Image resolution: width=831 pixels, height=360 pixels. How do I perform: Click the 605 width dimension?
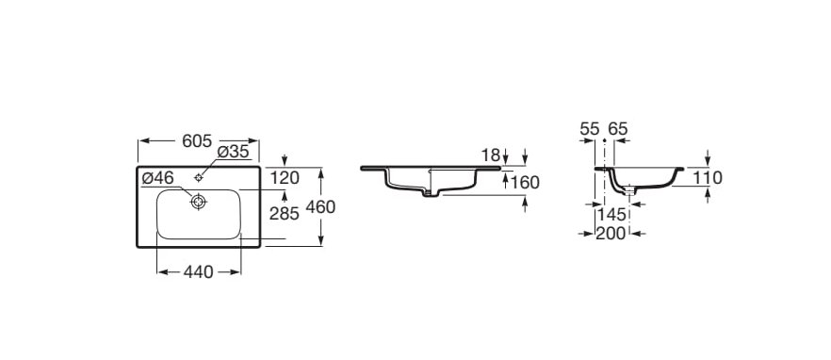click(197, 141)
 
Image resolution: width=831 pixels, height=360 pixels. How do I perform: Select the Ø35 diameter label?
click(234, 152)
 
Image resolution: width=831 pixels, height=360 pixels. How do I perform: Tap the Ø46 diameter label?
click(157, 178)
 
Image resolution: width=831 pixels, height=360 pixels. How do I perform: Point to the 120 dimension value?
click(285, 178)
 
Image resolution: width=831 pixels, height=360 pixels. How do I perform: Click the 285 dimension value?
click(285, 213)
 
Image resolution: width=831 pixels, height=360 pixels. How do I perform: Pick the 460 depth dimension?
click(320, 206)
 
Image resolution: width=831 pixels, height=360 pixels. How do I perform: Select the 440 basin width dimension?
click(198, 272)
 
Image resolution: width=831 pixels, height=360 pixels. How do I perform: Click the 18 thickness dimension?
click(491, 155)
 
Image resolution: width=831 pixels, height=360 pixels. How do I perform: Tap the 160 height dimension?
click(525, 183)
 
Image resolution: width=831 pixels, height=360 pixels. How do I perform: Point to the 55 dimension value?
click(590, 129)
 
